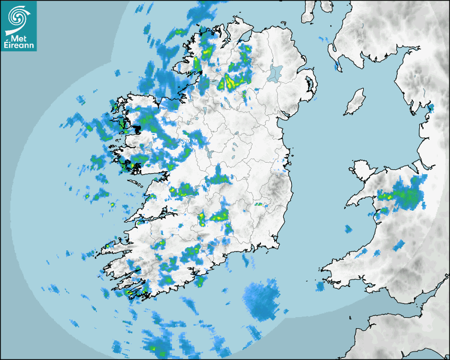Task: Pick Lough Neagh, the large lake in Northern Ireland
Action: tap(275, 73)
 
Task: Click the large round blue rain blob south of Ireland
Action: tap(263, 300)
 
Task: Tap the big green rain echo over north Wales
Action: tap(408, 196)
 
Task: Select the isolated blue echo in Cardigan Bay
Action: tap(348, 229)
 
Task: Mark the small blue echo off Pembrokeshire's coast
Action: tap(320, 286)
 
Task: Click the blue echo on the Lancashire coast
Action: tap(430, 109)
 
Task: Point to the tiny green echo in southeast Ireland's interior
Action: tap(259, 204)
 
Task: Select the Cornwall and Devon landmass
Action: tap(402, 334)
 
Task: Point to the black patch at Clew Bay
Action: tap(137, 128)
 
